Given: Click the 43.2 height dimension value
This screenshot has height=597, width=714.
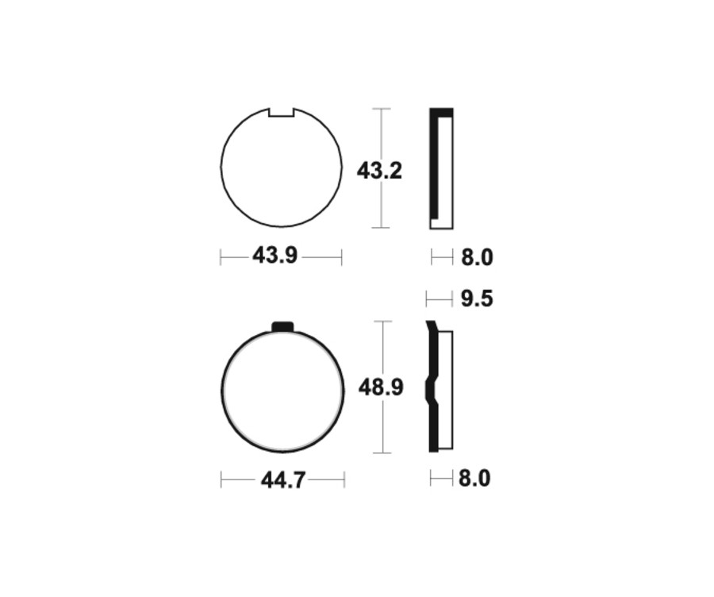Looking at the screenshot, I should (x=379, y=170).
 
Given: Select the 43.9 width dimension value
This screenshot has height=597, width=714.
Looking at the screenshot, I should (x=274, y=256).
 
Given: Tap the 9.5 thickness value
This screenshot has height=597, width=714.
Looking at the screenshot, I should (x=477, y=298).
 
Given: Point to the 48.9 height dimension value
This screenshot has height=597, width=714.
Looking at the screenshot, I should (x=381, y=387).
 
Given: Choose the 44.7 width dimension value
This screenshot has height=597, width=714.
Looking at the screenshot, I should (x=283, y=480).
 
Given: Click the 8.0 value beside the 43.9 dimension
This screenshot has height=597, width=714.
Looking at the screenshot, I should (x=477, y=257).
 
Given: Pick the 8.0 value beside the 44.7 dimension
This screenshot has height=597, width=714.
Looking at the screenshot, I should (x=474, y=479).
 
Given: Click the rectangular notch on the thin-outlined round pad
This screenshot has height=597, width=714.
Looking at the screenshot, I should (x=282, y=113).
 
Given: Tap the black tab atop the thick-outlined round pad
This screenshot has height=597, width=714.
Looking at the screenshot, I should (x=282, y=326).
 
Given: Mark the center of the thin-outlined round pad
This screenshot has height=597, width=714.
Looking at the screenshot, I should (x=282, y=168).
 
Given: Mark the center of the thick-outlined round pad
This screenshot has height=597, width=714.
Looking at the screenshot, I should (x=282, y=391).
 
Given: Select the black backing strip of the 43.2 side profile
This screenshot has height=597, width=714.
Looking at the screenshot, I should (x=433, y=163).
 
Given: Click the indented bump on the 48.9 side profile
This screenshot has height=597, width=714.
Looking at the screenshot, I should (x=431, y=391).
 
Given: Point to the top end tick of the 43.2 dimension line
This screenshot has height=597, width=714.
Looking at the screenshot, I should (x=382, y=109).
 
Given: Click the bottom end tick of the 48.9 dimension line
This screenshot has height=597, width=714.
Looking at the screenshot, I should (x=382, y=453).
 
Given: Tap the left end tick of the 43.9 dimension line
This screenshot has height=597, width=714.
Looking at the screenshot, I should (x=221, y=257).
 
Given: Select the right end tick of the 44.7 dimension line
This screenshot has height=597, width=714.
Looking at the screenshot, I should (x=344, y=480).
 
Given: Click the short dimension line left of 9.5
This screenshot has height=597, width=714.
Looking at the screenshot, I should (x=440, y=298).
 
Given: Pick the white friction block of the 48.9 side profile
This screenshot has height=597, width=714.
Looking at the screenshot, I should (x=445, y=389).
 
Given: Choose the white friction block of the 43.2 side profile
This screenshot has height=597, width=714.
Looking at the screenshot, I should (x=445, y=171).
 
